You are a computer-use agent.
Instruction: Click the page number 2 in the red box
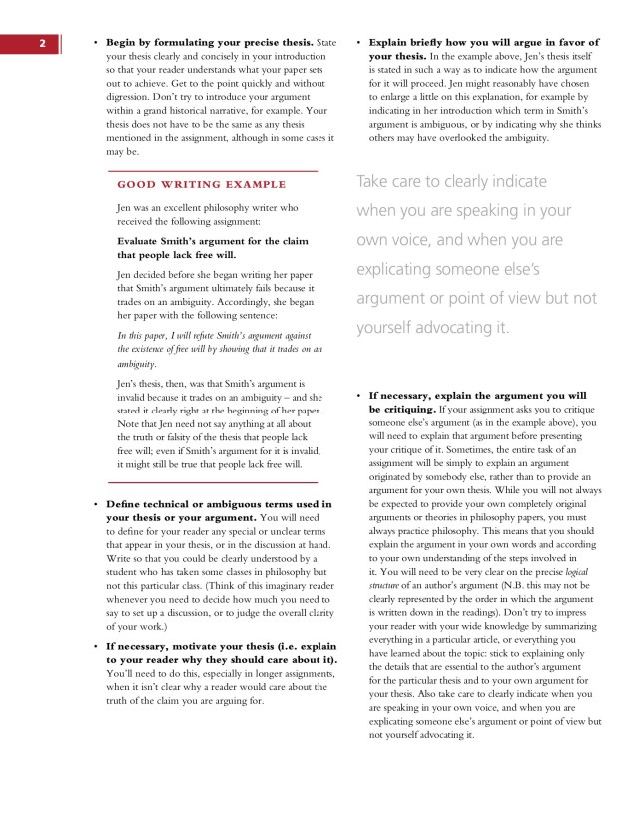coord(43,43)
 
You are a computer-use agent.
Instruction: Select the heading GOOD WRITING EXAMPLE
coord(202,184)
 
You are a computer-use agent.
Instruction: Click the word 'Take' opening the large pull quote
coord(373,181)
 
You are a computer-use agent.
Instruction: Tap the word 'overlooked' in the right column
coord(471,138)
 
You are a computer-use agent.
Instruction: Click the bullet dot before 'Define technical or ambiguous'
coord(95,505)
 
